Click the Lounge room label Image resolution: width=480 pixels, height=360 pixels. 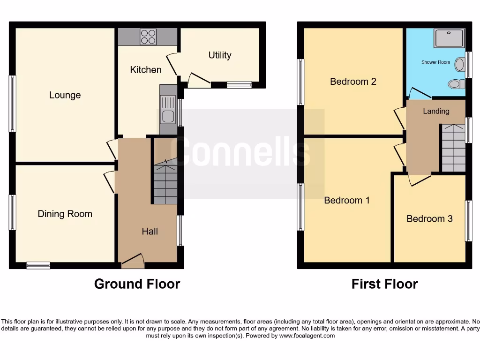pyautogui.click(x=65, y=95)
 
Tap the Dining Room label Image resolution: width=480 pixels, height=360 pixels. pyautogui.click(x=65, y=214)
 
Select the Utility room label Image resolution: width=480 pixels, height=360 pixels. pyautogui.click(x=220, y=55)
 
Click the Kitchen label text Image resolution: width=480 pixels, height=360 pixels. pyautogui.click(x=146, y=70)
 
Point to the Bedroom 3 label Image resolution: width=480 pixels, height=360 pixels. pyautogui.click(x=429, y=218)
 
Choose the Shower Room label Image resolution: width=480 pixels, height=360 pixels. pyautogui.click(x=435, y=62)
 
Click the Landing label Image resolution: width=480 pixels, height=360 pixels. pyautogui.click(x=436, y=111)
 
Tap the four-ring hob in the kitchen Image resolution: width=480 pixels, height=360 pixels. pyautogui.click(x=148, y=37)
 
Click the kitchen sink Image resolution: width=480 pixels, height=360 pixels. pyautogui.click(x=167, y=109)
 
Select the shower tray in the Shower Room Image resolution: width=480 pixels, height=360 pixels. pyautogui.click(x=450, y=38)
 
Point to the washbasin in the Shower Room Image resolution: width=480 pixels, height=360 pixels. pyautogui.click(x=460, y=64)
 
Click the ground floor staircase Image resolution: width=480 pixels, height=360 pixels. pyautogui.click(x=165, y=183)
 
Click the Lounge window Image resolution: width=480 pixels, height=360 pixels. pyautogui.click(x=13, y=104)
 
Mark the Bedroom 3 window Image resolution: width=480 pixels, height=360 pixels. pyautogui.click(x=468, y=221)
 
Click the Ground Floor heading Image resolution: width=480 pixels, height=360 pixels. pyautogui.click(x=137, y=284)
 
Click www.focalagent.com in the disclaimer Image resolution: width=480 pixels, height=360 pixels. pyautogui.click(x=307, y=336)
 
